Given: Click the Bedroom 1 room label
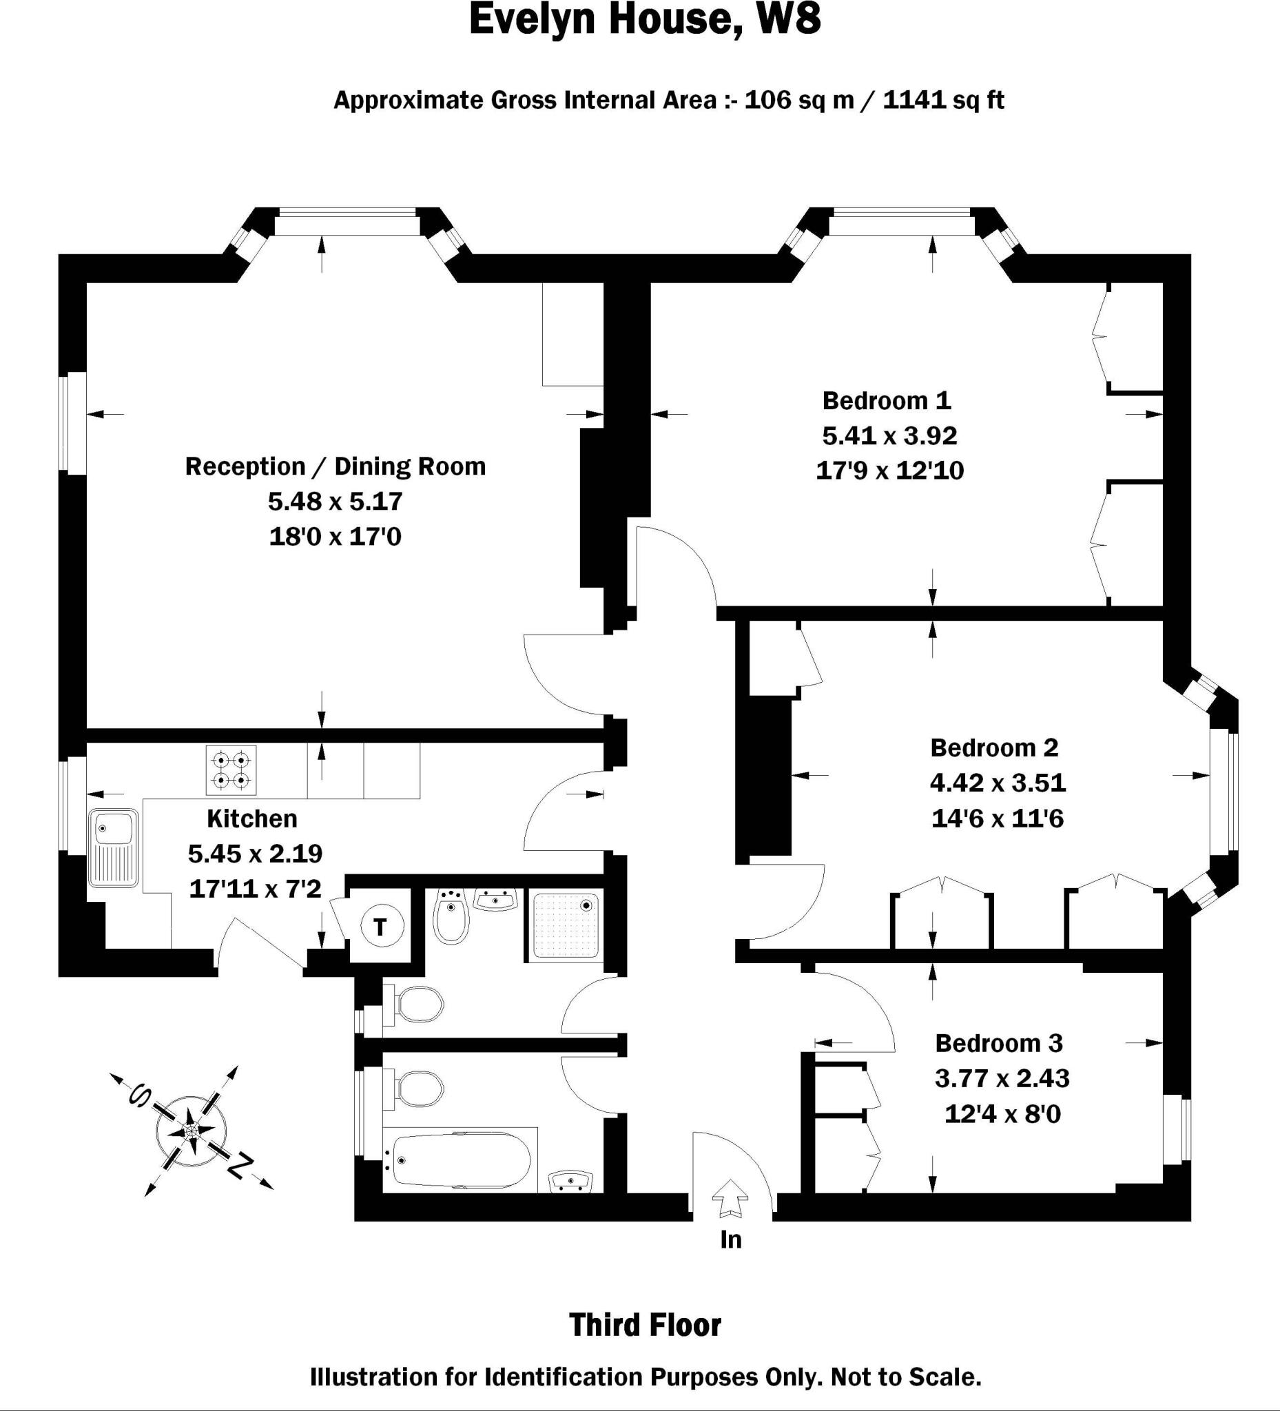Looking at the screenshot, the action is click(886, 401).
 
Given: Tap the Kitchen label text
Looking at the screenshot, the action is click(252, 818).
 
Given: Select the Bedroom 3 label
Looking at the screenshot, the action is click(999, 1043).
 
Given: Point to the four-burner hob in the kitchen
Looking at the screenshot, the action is click(231, 770).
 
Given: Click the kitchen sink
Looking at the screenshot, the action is click(114, 847).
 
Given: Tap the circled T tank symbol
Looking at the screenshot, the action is click(381, 927).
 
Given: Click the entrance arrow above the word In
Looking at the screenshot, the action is click(730, 1197).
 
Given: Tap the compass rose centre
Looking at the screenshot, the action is click(191, 1131).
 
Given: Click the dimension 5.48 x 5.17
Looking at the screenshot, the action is click(336, 501).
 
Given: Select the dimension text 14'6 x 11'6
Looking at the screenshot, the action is click(998, 818).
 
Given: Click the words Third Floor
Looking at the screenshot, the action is click(645, 1325).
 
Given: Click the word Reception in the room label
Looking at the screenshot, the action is click(245, 466).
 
